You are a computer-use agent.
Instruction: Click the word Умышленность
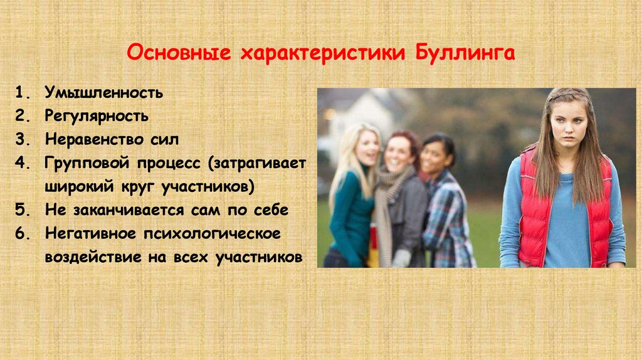[x=103, y=93]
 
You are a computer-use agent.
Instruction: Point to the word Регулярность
[x=96, y=117]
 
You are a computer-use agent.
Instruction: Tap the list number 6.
[x=22, y=233]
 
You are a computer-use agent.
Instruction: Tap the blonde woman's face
[x=367, y=148]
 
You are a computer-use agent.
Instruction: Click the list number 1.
[x=22, y=93]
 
